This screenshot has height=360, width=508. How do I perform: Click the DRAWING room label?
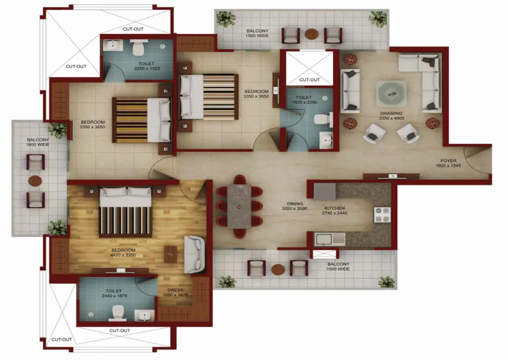(x=391, y=113)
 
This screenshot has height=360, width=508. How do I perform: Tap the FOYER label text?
(x=449, y=161)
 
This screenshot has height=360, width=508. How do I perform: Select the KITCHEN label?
(x=335, y=208)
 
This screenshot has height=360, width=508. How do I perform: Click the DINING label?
(x=295, y=204)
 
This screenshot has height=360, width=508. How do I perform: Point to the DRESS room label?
(x=175, y=290)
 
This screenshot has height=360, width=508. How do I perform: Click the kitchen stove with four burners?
(x=383, y=215)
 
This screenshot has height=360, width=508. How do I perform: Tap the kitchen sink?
(x=330, y=239)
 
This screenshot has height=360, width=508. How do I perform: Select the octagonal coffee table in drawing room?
(x=391, y=94)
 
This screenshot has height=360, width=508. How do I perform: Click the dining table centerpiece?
(x=239, y=207)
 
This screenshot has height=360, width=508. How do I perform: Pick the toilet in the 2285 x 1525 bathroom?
(x=139, y=48)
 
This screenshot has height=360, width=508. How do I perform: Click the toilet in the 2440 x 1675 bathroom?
(x=118, y=314)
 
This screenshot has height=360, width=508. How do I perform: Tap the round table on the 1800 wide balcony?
(x=35, y=181)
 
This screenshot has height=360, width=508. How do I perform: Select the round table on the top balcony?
(x=312, y=34)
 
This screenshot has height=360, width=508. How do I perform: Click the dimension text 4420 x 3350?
(x=123, y=255)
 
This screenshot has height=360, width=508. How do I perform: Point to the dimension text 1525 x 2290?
(x=304, y=102)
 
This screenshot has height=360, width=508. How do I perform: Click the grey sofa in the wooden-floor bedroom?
(x=195, y=255)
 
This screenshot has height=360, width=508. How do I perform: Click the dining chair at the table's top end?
(x=240, y=179)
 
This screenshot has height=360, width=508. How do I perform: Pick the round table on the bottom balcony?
(x=278, y=269)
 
